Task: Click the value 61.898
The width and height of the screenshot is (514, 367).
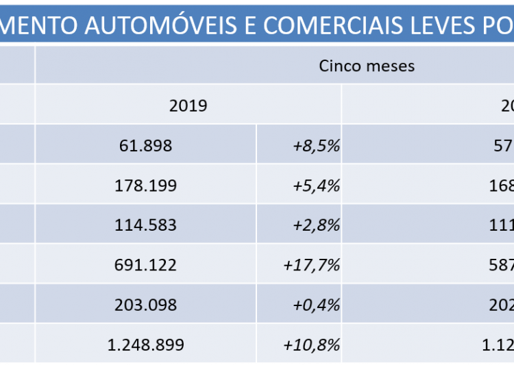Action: tap(145, 145)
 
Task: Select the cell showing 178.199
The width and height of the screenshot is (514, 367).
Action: tap(145, 186)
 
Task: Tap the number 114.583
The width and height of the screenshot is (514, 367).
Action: tap(145, 225)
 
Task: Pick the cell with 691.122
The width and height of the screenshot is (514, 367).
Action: tap(145, 265)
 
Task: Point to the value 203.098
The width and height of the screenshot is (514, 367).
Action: tap(145, 305)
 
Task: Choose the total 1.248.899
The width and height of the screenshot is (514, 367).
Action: tap(145, 344)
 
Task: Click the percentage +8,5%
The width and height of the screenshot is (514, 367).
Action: tap(317, 145)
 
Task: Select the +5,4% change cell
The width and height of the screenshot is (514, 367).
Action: tap(317, 186)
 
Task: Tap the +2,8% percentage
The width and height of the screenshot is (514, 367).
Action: tap(317, 225)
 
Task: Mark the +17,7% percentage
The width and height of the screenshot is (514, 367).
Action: tap(312, 265)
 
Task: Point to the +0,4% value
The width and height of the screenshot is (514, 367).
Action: tap(317, 305)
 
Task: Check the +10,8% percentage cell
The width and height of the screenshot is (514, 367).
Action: tap(312, 344)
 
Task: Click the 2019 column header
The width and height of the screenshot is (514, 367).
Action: tap(188, 105)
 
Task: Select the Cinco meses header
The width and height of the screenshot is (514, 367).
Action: tap(367, 66)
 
